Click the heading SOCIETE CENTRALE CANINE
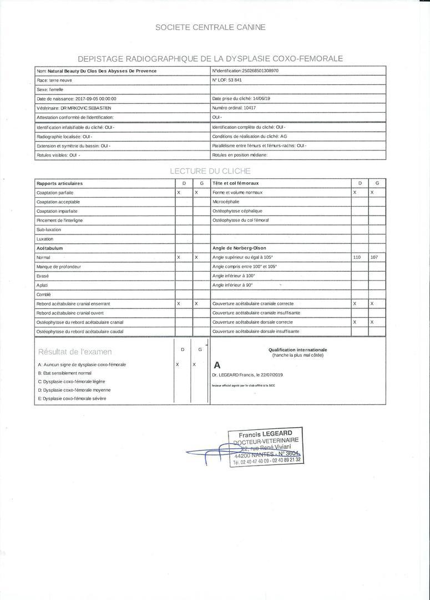point(210,27)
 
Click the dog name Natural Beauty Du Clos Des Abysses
point(102,71)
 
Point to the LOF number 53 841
point(235,80)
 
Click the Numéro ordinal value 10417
point(250,108)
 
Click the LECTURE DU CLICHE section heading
point(210,171)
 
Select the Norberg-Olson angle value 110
point(357,257)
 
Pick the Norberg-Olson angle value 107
point(374,257)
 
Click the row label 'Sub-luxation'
point(49,229)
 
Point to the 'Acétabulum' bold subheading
point(49,248)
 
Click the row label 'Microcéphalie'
point(226,202)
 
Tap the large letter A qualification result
point(217,366)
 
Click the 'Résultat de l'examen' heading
point(75,352)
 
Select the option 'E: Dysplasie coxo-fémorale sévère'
point(72,398)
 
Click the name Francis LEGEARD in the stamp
point(265,433)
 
